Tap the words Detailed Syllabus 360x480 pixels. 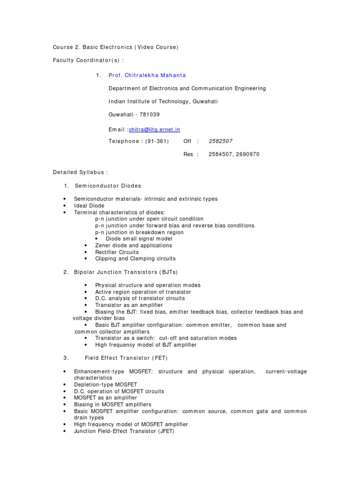pyautogui.click(x=80, y=172)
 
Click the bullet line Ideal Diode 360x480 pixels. pyautogui.click(x=89, y=206)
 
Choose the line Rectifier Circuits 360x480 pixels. pyautogui.click(x=117, y=252)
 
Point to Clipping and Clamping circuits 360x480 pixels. pyautogui.click(x=135, y=259)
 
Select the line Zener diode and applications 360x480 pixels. pyautogui.click(x=134, y=246)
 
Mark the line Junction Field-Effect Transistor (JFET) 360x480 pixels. pyautogui.click(x=124, y=431)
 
